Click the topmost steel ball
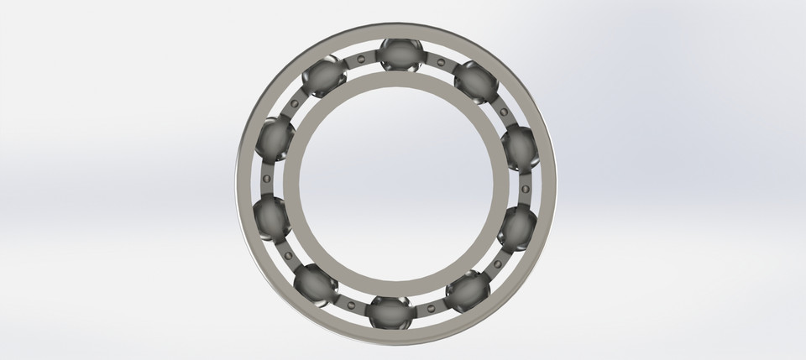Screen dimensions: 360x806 [400, 55]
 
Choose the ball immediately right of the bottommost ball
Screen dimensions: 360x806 [466, 291]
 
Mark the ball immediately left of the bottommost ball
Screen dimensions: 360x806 [316, 284]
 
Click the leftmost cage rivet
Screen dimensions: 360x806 [265, 179]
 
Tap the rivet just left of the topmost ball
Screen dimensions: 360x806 [361, 59]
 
